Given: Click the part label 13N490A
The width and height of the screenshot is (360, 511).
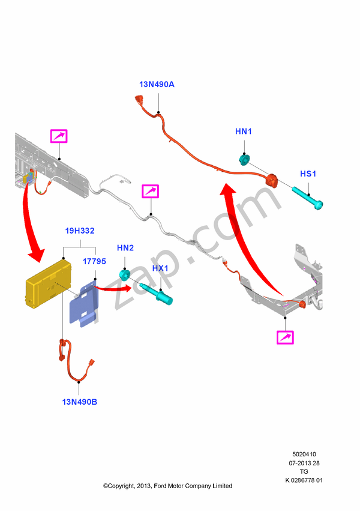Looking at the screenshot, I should (x=157, y=85).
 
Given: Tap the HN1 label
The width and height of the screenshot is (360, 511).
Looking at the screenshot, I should (x=244, y=131).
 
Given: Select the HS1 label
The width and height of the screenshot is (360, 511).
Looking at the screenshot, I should (x=308, y=174).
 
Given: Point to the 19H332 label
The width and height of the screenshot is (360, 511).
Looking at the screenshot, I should (x=80, y=231).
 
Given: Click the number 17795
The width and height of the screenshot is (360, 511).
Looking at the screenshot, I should (x=94, y=262).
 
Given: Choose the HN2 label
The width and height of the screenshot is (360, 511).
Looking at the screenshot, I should (x=125, y=247).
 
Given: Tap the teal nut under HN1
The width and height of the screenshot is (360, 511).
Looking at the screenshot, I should (x=245, y=160).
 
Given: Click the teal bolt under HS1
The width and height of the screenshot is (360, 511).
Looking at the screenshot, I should (x=308, y=198).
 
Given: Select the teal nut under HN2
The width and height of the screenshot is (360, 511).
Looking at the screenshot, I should (x=125, y=276).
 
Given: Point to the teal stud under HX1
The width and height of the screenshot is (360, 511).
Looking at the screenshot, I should (x=161, y=295).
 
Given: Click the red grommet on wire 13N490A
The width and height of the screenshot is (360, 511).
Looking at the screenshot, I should (x=272, y=179).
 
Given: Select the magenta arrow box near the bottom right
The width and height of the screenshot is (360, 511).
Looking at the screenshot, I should (x=285, y=337).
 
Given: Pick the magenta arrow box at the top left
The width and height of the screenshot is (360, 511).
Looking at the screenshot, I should (x=59, y=136).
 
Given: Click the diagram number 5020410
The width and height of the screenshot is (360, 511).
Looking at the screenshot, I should (x=304, y=455).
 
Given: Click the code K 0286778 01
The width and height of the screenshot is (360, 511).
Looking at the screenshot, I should (x=304, y=480).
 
